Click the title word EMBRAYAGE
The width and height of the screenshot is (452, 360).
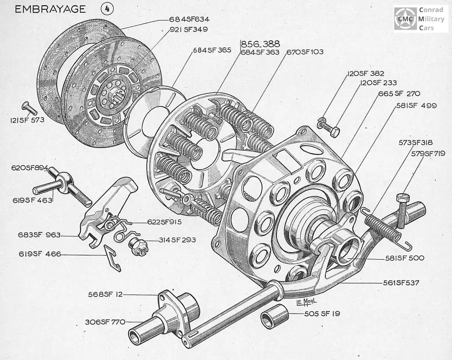coord(51,10)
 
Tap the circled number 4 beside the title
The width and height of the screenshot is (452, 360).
coord(107,10)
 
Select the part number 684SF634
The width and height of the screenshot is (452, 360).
coord(190,20)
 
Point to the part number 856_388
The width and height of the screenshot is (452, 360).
coord(260,44)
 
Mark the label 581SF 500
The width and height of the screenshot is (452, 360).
coord(405,258)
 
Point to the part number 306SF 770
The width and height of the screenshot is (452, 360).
coord(105,322)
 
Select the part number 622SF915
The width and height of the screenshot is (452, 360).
coord(164,222)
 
